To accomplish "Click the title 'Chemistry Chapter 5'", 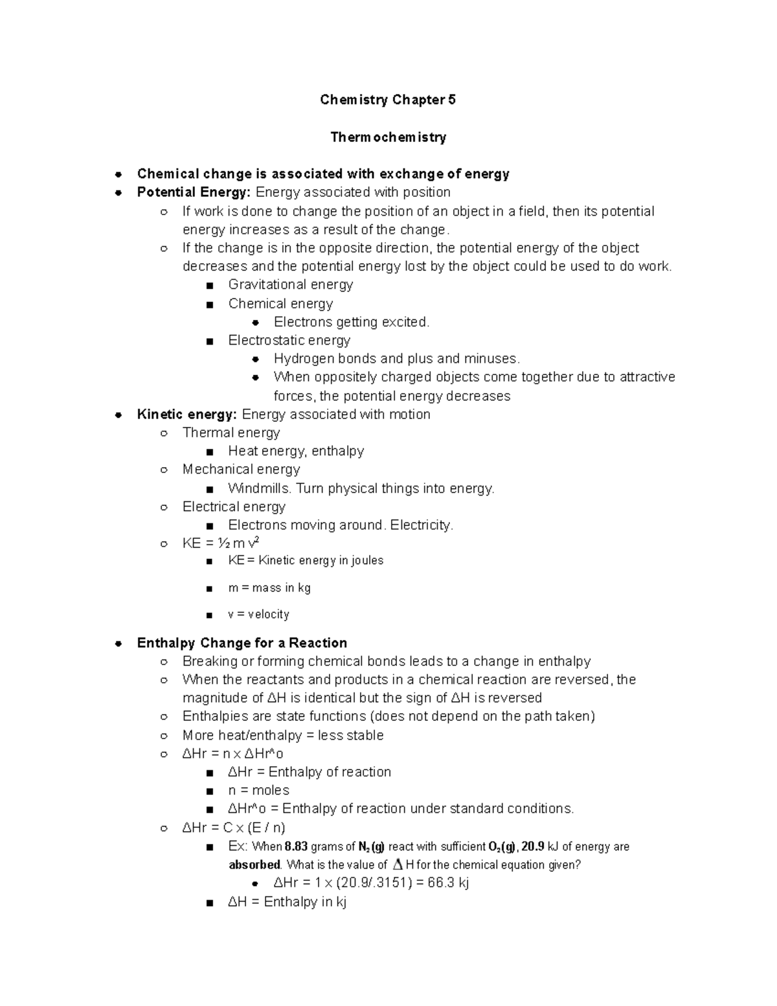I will [x=387, y=100].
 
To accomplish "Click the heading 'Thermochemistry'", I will [x=388, y=137].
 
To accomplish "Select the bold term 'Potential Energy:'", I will [x=194, y=192].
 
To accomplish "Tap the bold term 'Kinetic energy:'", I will [x=186, y=415].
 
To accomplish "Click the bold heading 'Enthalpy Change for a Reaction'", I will [x=242, y=643].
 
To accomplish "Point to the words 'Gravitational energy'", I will [x=290, y=285].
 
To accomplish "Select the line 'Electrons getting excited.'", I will [x=351, y=322].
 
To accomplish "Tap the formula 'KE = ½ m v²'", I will [x=221, y=543].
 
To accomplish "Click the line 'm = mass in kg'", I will [x=269, y=588].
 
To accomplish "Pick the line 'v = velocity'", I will [x=258, y=615].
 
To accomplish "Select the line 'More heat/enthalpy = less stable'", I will [x=283, y=736].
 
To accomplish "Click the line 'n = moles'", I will [x=258, y=791].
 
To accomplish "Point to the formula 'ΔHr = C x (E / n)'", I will [x=234, y=828].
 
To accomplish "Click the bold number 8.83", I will [x=296, y=847].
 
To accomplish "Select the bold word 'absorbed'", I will [x=254, y=865].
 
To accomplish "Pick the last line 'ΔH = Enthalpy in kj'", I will [x=287, y=902].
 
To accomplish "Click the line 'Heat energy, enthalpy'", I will [x=296, y=452].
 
